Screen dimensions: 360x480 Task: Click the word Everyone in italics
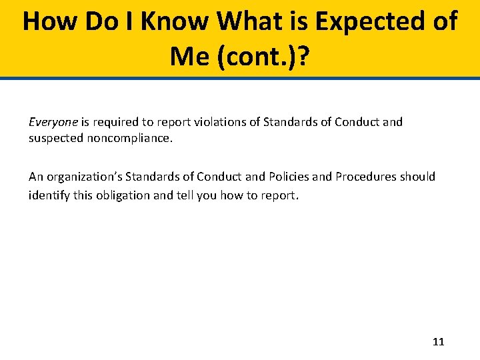click(54, 122)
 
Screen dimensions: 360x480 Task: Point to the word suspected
click(55, 139)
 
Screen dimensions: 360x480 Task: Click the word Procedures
click(365, 177)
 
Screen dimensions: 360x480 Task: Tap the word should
click(417, 177)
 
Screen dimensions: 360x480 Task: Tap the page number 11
click(438, 342)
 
